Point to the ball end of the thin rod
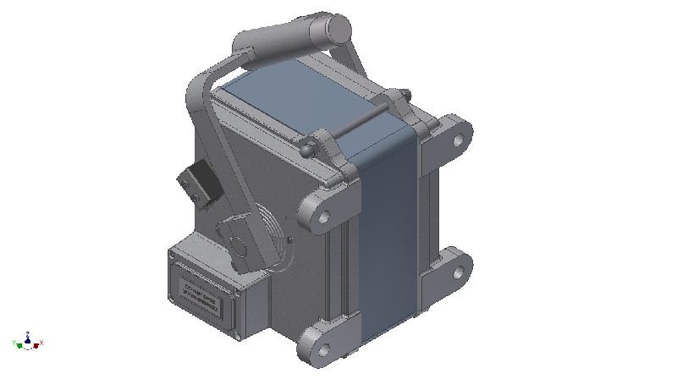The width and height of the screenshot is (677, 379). pos(307,150)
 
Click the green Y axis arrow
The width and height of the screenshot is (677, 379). pos(18,343)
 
